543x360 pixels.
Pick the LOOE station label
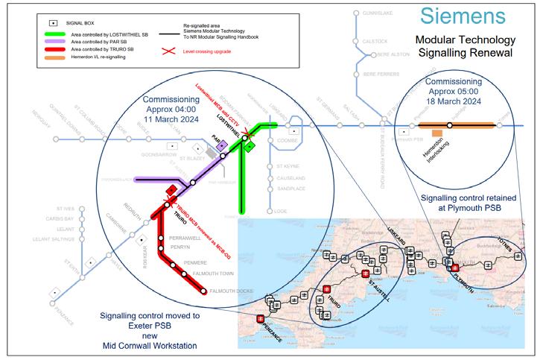[281, 211]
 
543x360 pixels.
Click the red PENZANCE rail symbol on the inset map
[260, 319]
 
